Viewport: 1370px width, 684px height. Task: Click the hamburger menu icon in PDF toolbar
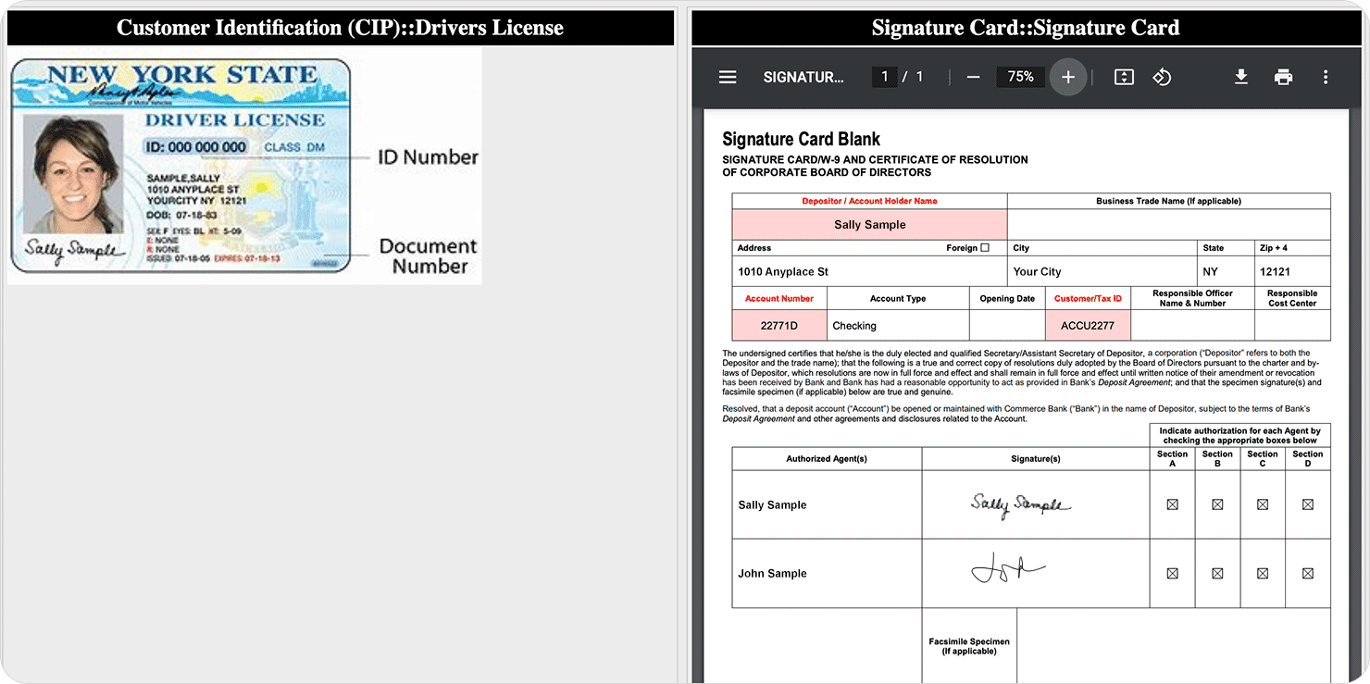click(x=728, y=77)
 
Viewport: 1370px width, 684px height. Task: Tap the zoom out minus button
click(x=973, y=77)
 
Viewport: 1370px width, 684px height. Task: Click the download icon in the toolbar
click(x=1241, y=77)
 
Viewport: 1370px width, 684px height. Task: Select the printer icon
click(x=1283, y=77)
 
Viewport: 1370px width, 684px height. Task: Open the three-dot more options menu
click(x=1326, y=77)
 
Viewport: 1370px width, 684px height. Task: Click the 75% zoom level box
click(x=1020, y=77)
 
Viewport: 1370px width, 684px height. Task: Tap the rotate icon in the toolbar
click(x=1162, y=77)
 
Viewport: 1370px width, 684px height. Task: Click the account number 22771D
click(x=778, y=326)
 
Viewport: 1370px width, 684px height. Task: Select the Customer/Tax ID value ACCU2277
click(x=1088, y=326)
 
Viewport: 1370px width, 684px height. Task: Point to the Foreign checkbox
click(x=984, y=248)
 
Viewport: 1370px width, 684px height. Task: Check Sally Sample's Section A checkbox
click(x=1172, y=504)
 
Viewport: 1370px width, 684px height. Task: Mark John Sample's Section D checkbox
click(x=1307, y=573)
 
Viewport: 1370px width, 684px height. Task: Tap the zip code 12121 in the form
click(x=1275, y=272)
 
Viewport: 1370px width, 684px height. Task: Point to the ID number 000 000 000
click(x=196, y=147)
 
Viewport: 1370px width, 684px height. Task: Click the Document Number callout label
click(x=429, y=256)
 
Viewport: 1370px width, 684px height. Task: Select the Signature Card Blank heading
click(x=801, y=140)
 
